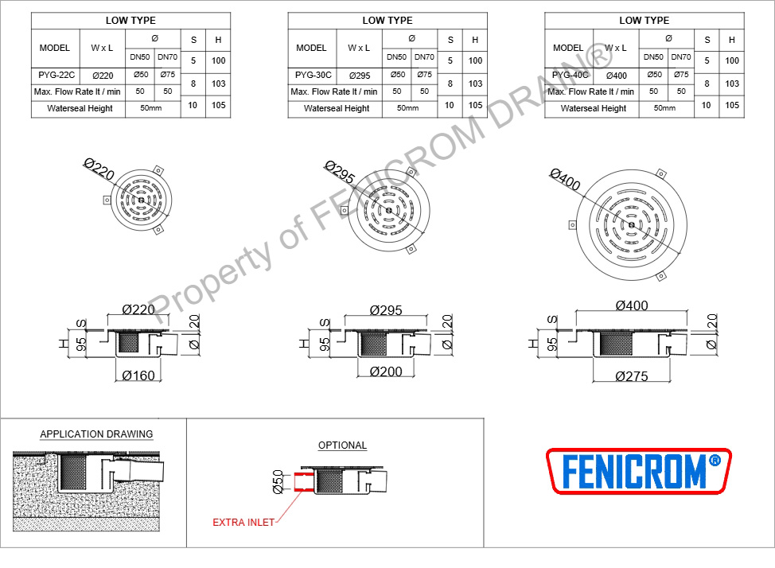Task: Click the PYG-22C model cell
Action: click(x=56, y=75)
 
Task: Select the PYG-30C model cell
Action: click(x=313, y=75)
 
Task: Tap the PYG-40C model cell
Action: click(x=570, y=75)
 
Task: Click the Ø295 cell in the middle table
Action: click(x=360, y=76)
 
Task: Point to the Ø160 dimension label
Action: click(x=138, y=375)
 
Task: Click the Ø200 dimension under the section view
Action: click(x=386, y=372)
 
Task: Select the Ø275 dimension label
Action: click(x=631, y=376)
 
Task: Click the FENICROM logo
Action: click(x=639, y=471)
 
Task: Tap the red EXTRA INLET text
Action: click(x=243, y=523)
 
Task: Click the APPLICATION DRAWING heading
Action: click(x=96, y=434)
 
